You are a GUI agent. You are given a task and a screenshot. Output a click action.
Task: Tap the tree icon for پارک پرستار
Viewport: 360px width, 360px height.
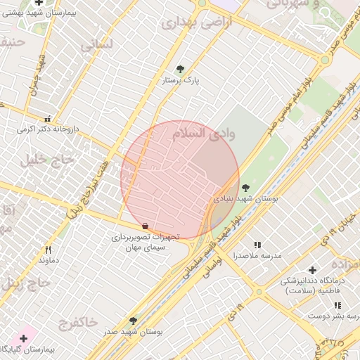tap(181, 69)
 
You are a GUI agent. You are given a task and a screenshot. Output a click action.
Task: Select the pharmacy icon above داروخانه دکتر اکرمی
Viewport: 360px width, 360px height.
tap(47, 119)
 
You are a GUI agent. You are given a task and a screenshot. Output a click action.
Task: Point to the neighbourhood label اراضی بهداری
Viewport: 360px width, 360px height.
tap(187, 23)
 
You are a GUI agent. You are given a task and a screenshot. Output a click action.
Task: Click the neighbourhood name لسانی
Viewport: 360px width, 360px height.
tap(96, 46)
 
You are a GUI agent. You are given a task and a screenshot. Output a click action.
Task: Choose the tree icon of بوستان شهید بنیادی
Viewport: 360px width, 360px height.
tap(245, 188)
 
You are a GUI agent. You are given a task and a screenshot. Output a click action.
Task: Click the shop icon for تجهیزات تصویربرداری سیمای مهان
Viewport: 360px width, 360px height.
tap(145, 226)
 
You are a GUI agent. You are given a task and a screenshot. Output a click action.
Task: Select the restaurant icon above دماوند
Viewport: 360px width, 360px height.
tap(48, 250)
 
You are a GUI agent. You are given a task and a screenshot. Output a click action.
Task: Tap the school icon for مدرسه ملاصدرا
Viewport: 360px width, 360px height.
tap(257, 245)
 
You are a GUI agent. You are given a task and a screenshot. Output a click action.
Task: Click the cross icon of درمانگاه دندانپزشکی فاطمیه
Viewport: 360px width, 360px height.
tap(312, 270)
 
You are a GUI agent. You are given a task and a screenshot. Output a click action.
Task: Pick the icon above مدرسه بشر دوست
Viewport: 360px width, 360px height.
tap(337, 305)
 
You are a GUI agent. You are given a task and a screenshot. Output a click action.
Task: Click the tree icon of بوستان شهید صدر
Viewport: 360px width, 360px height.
tap(133, 321)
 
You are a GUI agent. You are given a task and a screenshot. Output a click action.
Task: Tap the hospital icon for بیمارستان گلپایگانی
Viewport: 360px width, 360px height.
tap(23, 338)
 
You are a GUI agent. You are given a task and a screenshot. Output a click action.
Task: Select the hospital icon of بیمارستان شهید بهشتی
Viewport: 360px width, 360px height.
tap(39, 3)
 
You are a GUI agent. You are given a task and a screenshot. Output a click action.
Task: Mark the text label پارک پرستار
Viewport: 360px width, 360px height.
tap(181, 81)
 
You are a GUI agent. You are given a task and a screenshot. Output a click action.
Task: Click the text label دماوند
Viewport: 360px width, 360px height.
tap(48, 261)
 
